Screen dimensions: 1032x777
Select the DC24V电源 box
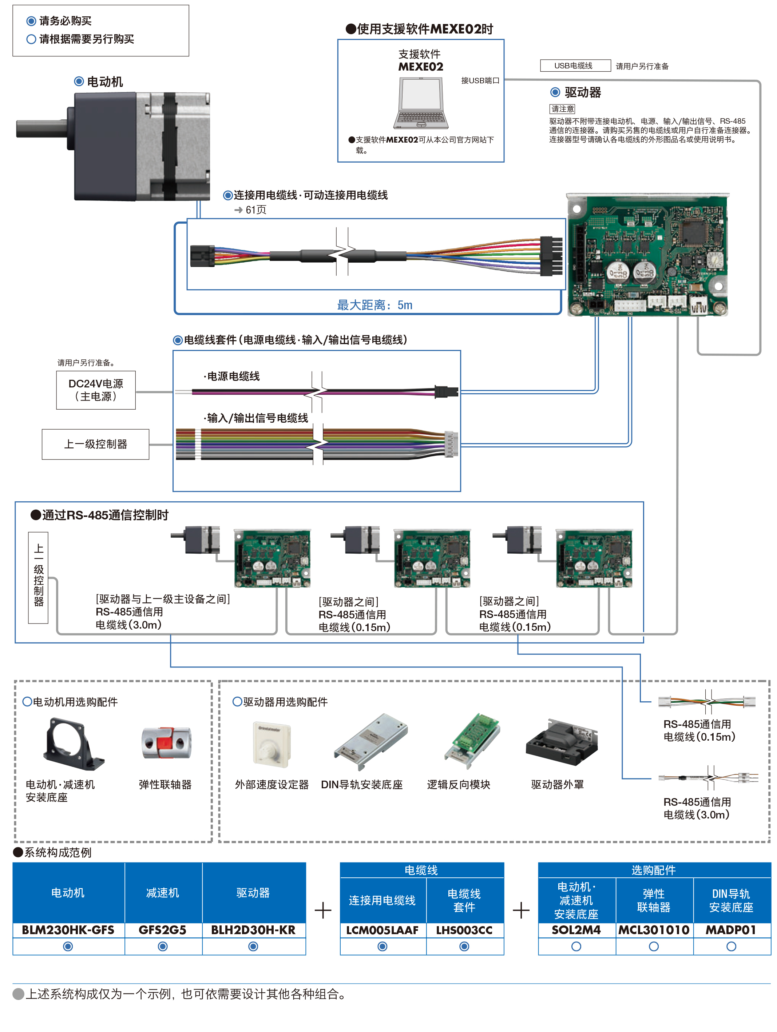click(96, 390)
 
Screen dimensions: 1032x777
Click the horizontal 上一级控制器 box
click(95, 444)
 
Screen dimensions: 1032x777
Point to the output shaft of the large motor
click(42, 128)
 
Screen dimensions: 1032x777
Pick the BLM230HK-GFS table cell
click(68, 930)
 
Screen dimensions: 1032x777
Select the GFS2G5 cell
click(162, 930)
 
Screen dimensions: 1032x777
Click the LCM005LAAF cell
click(382, 930)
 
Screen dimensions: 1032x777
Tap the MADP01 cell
click(730, 930)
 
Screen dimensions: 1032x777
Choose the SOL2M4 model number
click(576, 930)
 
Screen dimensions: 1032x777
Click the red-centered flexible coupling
click(166, 743)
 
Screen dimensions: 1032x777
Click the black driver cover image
click(562, 742)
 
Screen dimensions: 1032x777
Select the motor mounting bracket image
click(73, 744)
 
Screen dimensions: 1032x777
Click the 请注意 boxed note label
click(562, 109)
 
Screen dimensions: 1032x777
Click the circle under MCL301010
click(653, 946)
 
